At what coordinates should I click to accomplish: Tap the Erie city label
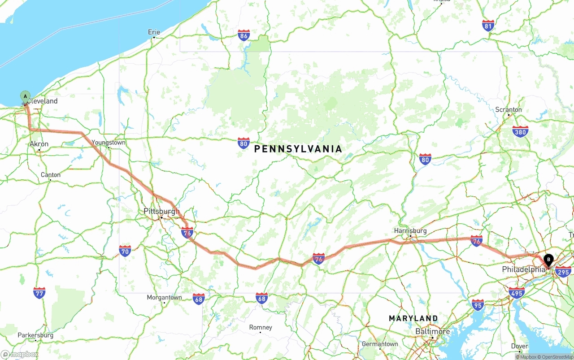[x=154, y=32]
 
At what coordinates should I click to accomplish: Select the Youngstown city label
[x=109, y=143]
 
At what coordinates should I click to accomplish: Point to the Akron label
[x=39, y=144]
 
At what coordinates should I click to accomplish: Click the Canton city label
[x=51, y=175]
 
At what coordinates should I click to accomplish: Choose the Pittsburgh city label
[x=161, y=211]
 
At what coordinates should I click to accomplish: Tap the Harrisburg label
[x=410, y=231]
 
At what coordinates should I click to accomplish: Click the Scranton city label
[x=509, y=110]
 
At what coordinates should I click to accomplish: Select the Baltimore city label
[x=432, y=331]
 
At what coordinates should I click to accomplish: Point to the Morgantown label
[x=165, y=297]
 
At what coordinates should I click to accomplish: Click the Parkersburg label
[x=35, y=335]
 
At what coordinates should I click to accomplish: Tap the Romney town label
[x=261, y=327]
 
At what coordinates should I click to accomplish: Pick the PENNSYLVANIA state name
[x=298, y=149]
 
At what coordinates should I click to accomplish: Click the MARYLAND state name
[x=413, y=318]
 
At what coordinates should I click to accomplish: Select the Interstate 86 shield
[x=244, y=35]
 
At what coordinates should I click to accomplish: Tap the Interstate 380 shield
[x=520, y=131]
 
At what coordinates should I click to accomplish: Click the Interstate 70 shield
[x=125, y=251]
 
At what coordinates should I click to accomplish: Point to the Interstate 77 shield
[x=39, y=293]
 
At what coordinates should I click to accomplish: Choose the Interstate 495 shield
[x=517, y=293]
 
